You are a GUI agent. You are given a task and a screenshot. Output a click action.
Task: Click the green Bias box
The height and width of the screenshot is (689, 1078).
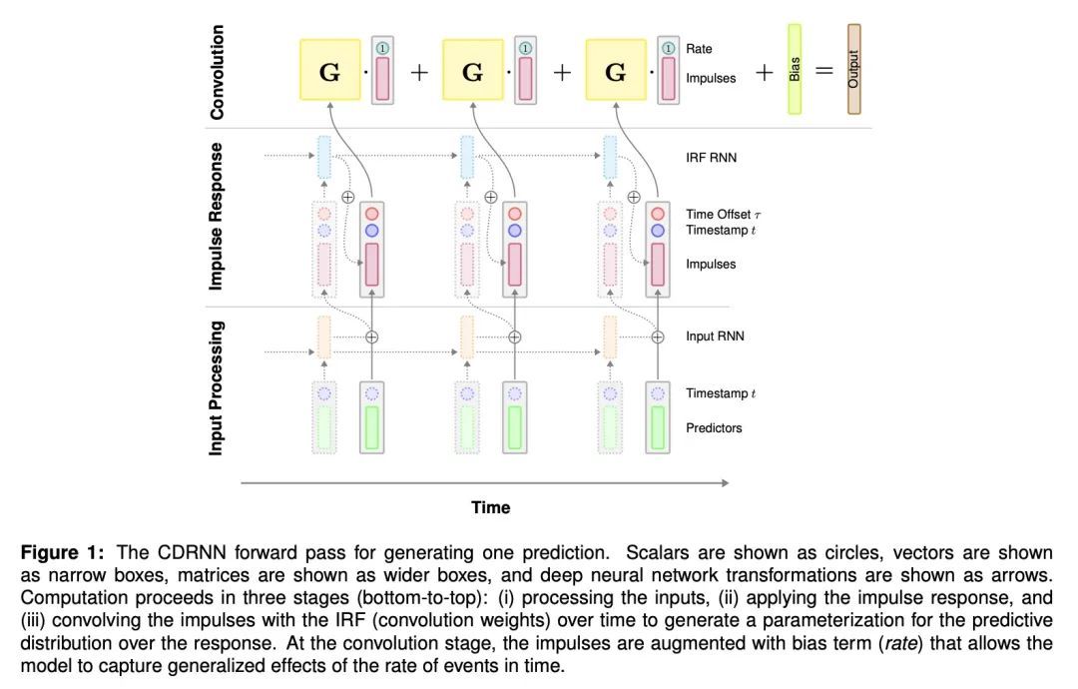pyautogui.click(x=795, y=69)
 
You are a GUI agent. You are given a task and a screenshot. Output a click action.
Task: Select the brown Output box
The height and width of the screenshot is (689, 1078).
pyautogui.click(x=853, y=69)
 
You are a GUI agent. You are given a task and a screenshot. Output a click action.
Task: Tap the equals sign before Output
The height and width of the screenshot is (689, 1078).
pyautogui.click(x=824, y=72)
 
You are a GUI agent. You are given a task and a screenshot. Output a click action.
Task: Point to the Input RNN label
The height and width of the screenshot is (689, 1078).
pyautogui.click(x=715, y=337)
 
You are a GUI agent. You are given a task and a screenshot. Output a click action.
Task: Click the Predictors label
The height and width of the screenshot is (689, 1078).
pyautogui.click(x=714, y=427)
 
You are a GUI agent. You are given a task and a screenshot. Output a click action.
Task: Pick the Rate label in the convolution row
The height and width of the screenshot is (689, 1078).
pyautogui.click(x=699, y=48)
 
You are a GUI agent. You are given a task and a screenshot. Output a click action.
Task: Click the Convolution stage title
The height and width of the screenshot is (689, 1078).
pyautogui.click(x=218, y=72)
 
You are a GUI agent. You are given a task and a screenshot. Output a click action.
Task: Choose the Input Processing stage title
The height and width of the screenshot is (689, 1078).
pyautogui.click(x=218, y=387)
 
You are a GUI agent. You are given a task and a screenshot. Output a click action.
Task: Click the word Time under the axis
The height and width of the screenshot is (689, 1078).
pyautogui.click(x=490, y=507)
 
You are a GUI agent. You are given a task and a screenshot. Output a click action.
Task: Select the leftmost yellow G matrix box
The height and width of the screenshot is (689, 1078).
pyautogui.click(x=329, y=72)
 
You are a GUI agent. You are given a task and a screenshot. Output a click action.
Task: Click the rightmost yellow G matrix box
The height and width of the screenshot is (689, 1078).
pyautogui.click(x=616, y=72)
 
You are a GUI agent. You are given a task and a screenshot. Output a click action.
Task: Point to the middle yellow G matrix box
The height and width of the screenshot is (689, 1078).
pyautogui.click(x=472, y=72)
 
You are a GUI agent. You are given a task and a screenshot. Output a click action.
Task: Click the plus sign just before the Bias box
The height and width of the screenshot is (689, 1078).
pyautogui.click(x=765, y=72)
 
